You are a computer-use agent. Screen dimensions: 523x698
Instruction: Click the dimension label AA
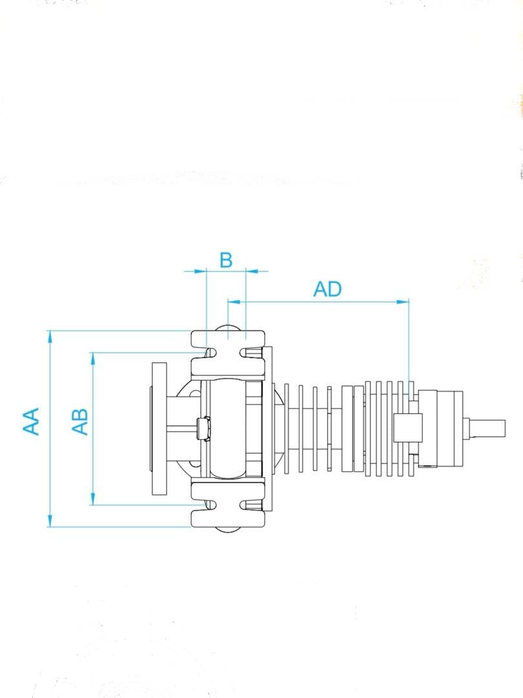(x=31, y=421)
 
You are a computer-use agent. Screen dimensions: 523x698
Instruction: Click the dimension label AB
(x=80, y=421)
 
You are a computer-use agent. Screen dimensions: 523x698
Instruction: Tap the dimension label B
(x=226, y=260)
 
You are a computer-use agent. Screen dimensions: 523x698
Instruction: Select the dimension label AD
(x=327, y=290)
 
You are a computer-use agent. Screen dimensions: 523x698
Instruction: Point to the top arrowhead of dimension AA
(x=50, y=336)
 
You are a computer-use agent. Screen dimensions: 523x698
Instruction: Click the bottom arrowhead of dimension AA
(x=50, y=522)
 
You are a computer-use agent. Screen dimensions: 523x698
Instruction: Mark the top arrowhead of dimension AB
(x=94, y=358)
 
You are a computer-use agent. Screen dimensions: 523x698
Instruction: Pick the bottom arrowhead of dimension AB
(x=94, y=500)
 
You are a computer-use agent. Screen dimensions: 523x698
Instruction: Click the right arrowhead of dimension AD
(x=403, y=302)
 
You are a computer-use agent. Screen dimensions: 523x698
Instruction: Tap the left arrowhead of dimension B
(x=201, y=270)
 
